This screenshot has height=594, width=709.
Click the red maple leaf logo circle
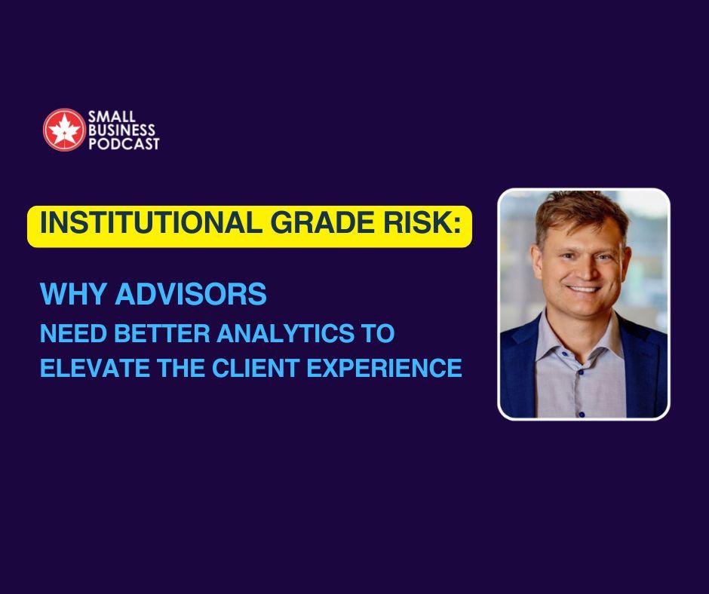pyautogui.click(x=64, y=130)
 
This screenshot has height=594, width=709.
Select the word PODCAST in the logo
pyautogui.click(x=124, y=144)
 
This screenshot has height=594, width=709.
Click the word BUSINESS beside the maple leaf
pyautogui.click(x=121, y=130)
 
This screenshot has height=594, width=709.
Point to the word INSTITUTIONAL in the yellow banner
pyautogui.click(x=148, y=222)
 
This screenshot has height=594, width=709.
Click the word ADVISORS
pyautogui.click(x=191, y=294)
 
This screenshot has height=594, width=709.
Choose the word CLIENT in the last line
pyautogui.click(x=255, y=368)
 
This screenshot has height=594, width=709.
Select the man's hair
pyautogui.click(x=582, y=213)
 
